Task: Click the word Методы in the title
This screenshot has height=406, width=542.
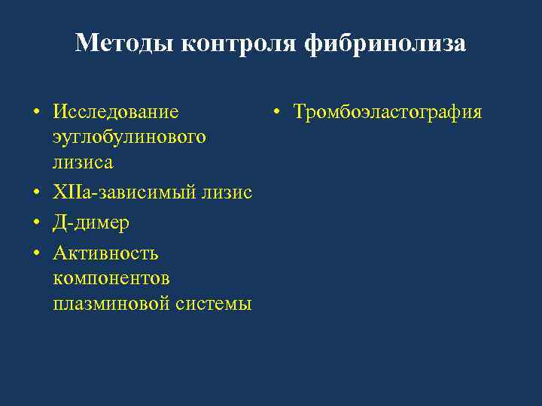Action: point(123,43)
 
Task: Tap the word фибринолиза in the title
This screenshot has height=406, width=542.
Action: point(385,43)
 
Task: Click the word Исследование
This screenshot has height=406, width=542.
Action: point(116,112)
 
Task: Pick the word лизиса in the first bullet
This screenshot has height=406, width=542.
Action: point(84,162)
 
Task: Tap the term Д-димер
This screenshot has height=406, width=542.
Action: point(91,223)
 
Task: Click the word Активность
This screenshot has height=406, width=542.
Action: point(105,253)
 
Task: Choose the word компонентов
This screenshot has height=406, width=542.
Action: point(111,278)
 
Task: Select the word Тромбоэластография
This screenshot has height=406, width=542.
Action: point(388,112)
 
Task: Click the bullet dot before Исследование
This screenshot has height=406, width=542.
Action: point(36,114)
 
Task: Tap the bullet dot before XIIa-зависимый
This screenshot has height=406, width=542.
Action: point(36,195)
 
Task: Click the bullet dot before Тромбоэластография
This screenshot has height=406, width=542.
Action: point(277,114)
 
